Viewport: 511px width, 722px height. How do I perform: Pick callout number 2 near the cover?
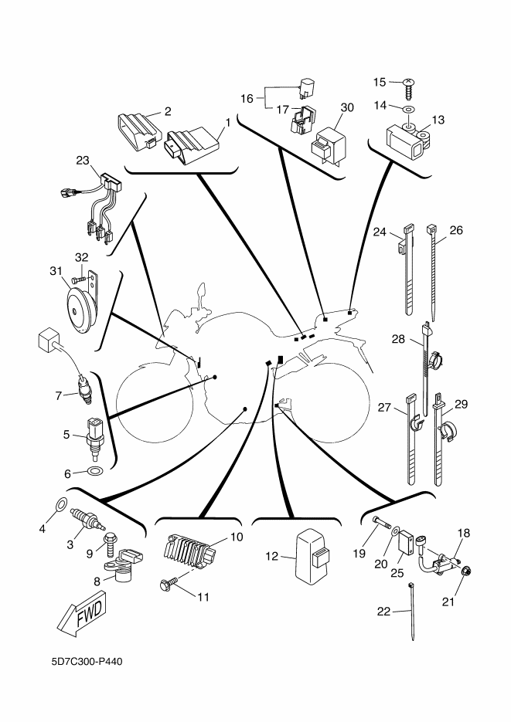coord(167,111)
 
